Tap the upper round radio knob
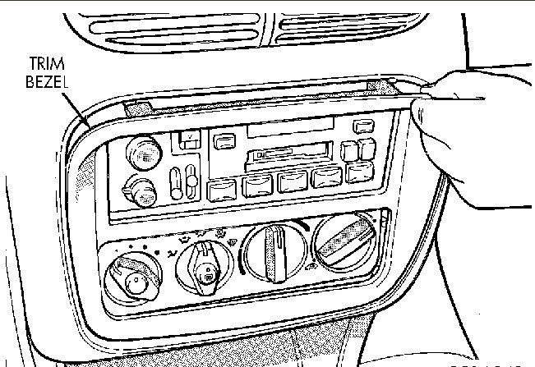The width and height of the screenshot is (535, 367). (142, 151)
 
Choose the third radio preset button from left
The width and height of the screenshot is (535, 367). (293, 181)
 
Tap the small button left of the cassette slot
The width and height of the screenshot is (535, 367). (222, 141)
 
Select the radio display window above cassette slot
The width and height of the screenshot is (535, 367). (290, 127)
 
